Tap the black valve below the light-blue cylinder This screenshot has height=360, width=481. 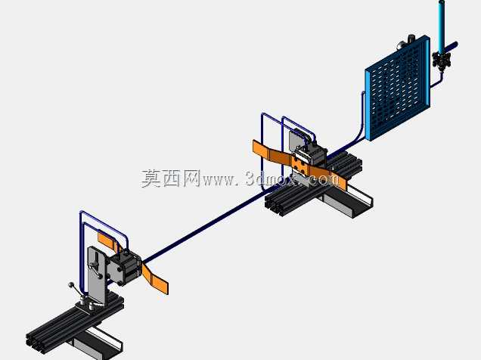442,60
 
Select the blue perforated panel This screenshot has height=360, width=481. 398,88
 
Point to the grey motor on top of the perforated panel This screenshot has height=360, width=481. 406,43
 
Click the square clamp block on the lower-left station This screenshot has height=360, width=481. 123,268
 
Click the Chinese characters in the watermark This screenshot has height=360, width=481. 171,178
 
